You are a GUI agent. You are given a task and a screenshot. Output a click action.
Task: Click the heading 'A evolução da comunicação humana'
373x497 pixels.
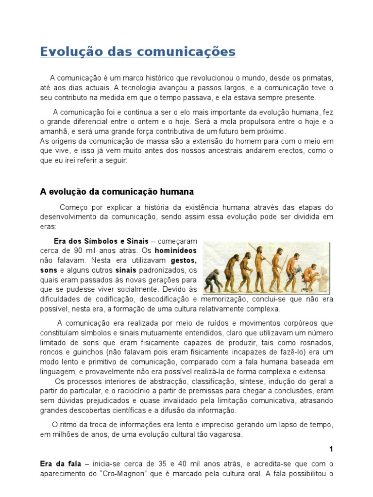click(117, 192)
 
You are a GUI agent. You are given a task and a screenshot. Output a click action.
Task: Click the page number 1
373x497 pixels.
click(331, 449)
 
